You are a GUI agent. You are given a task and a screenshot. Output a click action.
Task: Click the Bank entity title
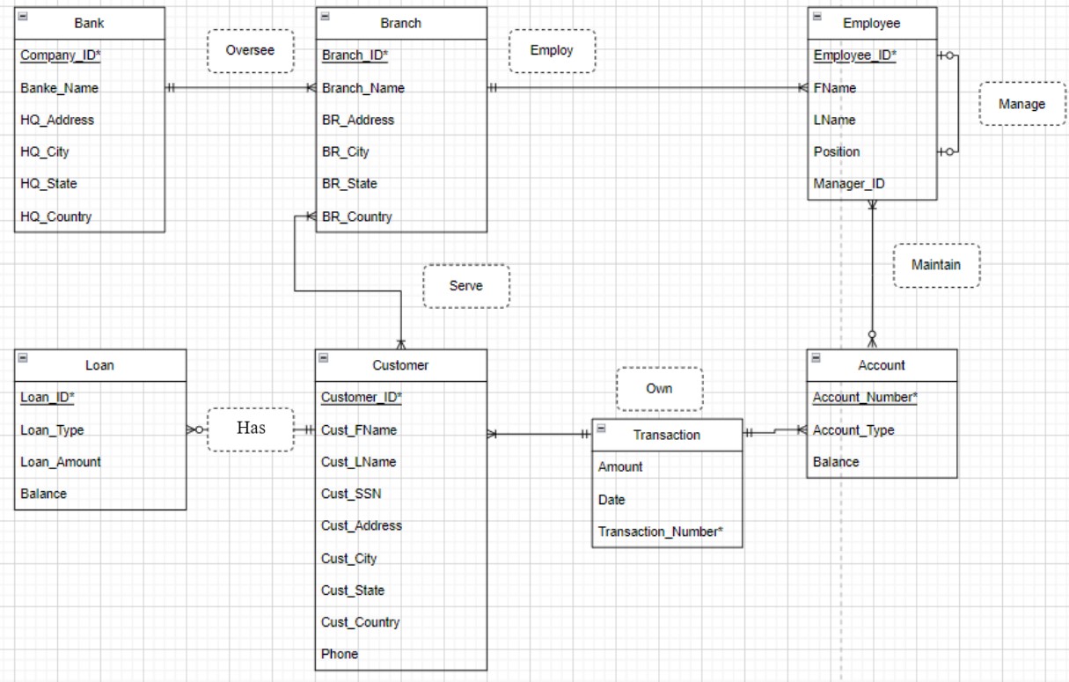point(89,23)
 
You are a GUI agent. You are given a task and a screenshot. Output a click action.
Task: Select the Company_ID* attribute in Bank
point(59,55)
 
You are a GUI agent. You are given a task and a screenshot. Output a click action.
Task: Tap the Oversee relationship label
point(250,50)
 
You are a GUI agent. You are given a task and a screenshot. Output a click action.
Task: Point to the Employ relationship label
point(552,50)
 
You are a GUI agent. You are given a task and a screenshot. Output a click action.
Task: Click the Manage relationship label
point(1021,104)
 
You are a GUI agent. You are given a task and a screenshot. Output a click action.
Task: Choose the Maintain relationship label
point(936,264)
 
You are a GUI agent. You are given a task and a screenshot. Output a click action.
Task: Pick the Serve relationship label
point(465,285)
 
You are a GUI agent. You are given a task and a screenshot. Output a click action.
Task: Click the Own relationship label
point(659,388)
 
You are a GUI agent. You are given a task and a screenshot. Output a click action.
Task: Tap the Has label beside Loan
point(251,429)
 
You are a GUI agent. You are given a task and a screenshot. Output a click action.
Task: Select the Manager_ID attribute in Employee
point(849,184)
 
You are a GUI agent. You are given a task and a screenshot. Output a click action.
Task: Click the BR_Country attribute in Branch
point(356,216)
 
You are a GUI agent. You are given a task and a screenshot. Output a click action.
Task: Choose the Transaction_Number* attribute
point(660,532)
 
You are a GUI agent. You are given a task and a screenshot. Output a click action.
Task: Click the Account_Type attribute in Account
point(853,430)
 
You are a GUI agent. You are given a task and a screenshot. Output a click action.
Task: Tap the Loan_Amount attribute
point(61,462)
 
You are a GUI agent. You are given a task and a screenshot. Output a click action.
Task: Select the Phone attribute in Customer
point(340,654)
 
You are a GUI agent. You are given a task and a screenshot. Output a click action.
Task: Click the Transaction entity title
point(666,435)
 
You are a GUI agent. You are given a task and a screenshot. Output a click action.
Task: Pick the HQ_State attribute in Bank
point(48,184)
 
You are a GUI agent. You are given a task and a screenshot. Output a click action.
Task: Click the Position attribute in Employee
point(836,151)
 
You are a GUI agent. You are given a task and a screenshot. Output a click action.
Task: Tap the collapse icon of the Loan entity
point(23,357)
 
